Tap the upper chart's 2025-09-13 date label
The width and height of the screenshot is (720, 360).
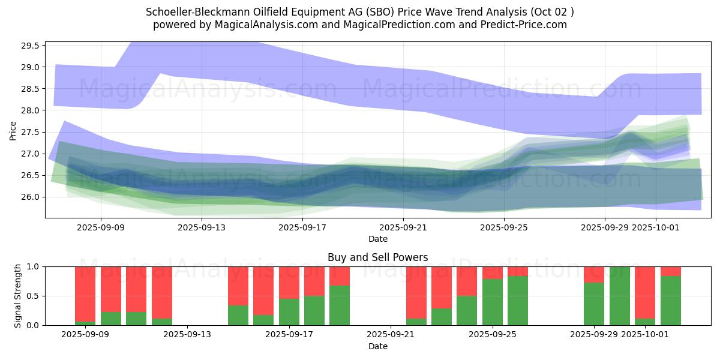(x=201, y=227)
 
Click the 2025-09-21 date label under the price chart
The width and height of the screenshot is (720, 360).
(x=403, y=227)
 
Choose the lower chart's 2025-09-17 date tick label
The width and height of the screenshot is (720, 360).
(x=289, y=335)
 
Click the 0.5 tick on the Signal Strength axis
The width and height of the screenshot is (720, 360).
(x=34, y=296)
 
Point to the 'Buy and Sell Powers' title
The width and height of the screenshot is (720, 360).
(x=377, y=257)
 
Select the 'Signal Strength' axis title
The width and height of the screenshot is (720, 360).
(x=18, y=296)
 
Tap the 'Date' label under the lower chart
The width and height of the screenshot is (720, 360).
(x=377, y=346)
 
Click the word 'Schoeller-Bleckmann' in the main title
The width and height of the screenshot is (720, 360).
(x=191, y=12)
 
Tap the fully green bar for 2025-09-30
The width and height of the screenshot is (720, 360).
(x=620, y=296)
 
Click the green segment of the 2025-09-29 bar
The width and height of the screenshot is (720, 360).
(x=594, y=304)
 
